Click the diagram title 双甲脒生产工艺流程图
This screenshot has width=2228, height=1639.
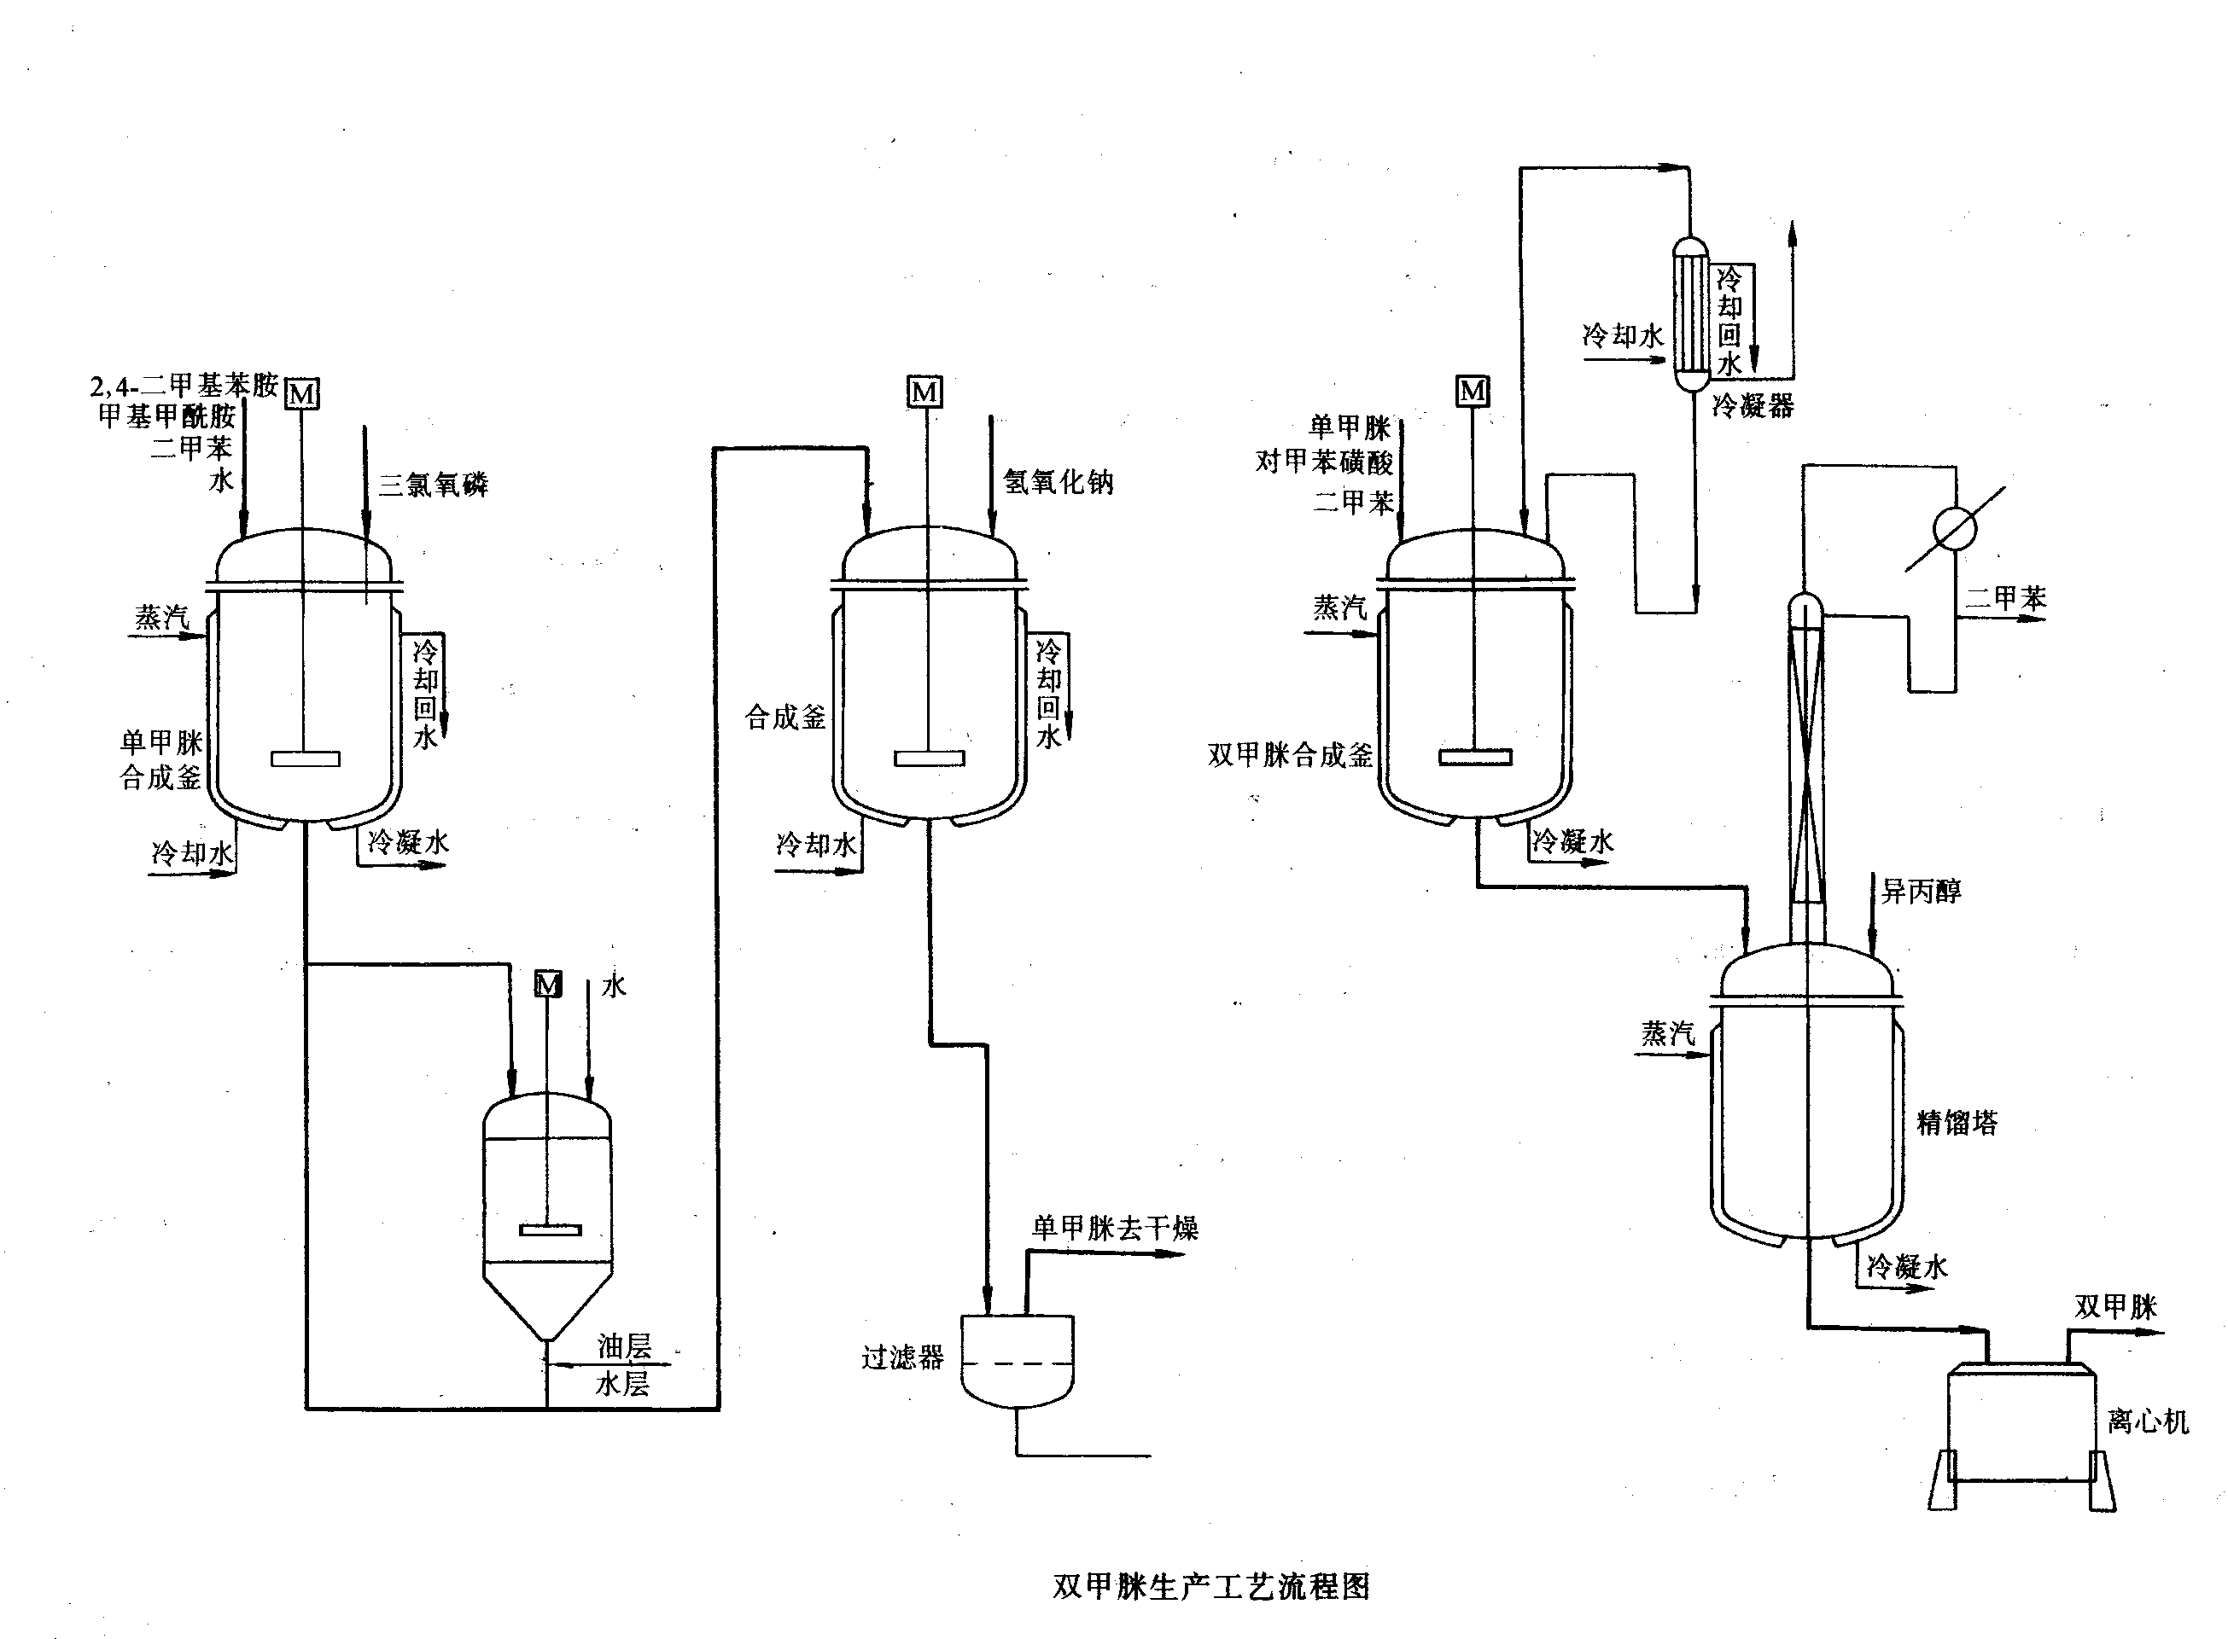point(1210,1586)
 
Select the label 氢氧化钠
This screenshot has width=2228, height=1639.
point(1058,482)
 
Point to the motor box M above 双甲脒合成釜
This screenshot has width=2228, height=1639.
point(1473,391)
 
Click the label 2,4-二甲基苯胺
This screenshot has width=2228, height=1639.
point(184,385)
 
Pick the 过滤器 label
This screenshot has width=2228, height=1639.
point(902,1357)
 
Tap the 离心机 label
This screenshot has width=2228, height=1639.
point(2148,1421)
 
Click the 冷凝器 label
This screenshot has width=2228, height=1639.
point(1753,406)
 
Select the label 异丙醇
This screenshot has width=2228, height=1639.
point(1922,891)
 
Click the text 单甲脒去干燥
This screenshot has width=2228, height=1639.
point(1115,1229)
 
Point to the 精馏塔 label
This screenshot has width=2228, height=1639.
point(1956,1122)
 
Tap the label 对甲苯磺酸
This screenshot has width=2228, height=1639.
point(1324,462)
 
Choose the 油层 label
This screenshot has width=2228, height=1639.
point(624,1346)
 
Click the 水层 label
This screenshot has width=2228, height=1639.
point(622,1383)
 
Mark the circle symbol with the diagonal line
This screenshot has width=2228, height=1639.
point(1955,529)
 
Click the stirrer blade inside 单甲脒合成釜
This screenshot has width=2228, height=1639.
point(305,759)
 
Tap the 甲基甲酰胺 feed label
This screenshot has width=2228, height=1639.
point(166,416)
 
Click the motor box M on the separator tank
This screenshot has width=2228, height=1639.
point(548,985)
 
